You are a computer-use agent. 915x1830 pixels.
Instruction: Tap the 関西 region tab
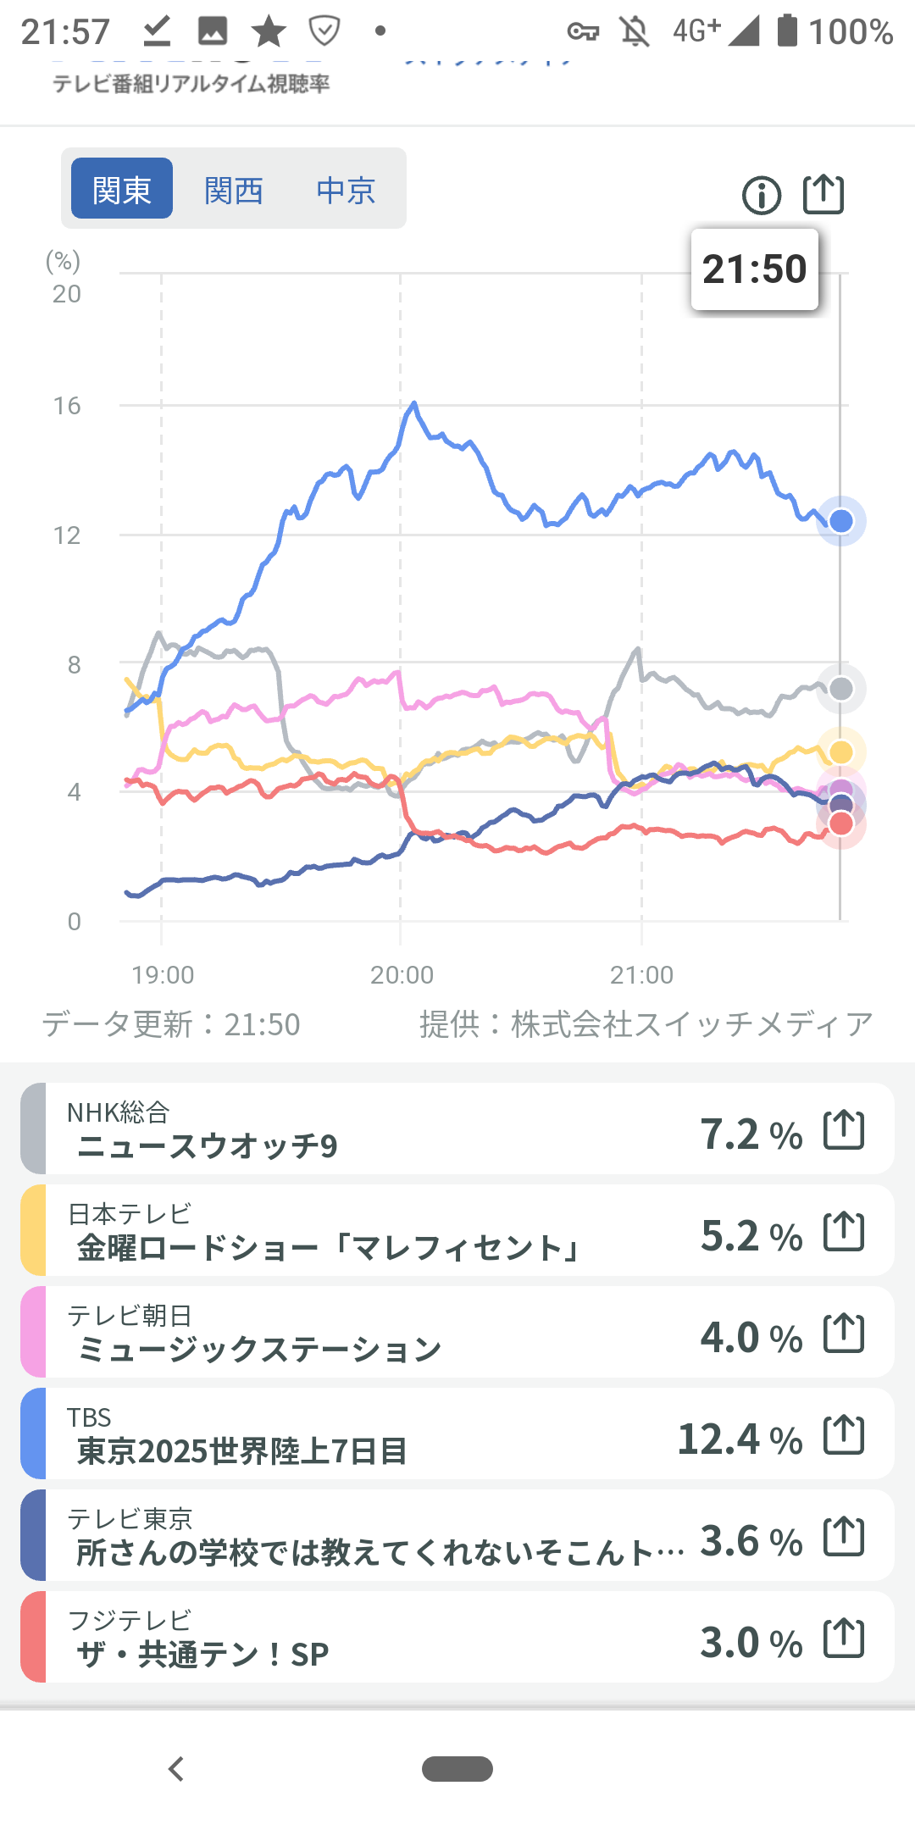(x=234, y=190)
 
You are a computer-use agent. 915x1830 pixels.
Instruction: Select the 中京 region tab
(x=346, y=190)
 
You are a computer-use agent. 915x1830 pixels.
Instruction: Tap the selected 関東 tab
(x=122, y=189)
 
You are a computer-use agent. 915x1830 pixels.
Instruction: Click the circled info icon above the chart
(x=762, y=196)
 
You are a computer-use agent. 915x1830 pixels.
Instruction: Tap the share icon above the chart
(x=823, y=194)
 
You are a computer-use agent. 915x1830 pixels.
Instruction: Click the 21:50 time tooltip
(x=754, y=269)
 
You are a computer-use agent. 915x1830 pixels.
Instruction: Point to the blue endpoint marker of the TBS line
(x=840, y=521)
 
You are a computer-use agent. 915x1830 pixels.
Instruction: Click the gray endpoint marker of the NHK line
(x=840, y=689)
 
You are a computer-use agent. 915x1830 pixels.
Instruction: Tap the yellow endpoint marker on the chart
(x=840, y=751)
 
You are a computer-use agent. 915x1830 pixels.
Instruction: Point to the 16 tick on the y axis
(x=67, y=407)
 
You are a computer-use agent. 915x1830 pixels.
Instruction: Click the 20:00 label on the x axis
(x=402, y=975)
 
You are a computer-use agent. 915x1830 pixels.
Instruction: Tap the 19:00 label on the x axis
(x=163, y=975)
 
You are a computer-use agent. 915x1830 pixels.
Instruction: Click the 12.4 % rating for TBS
(x=740, y=1439)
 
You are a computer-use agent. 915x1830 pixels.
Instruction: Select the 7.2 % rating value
(x=751, y=1134)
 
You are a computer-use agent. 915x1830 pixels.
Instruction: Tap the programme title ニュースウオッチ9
(x=208, y=1146)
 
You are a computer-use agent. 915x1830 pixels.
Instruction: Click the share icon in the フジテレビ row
(x=844, y=1638)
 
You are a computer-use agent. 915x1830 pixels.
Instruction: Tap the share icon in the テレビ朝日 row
(x=844, y=1333)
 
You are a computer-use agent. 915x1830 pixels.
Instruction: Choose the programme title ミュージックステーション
(x=259, y=1350)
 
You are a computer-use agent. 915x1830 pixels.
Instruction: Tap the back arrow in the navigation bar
(x=176, y=1769)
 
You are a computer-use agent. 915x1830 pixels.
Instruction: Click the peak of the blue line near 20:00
(x=414, y=403)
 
